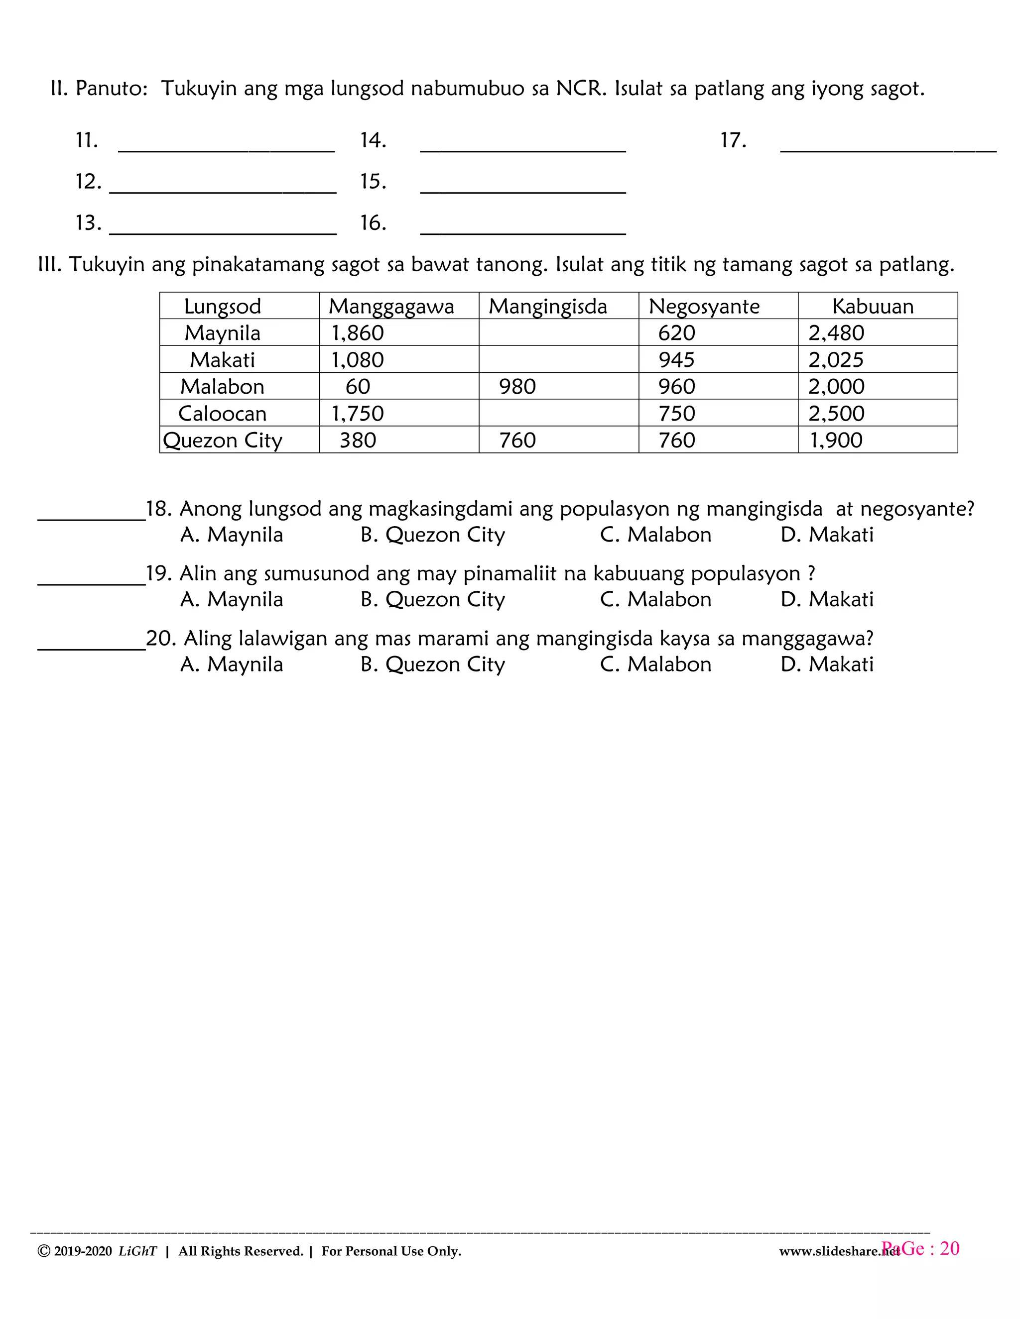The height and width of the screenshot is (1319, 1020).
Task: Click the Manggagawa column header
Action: pos(391,306)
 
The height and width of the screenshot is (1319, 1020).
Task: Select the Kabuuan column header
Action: pos(873,306)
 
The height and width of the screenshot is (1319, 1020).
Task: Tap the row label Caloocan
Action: pos(222,413)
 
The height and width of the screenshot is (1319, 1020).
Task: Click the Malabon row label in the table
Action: pos(222,387)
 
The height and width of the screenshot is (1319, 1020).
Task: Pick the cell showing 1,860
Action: pos(357,333)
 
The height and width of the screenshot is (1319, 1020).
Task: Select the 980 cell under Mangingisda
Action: pos(517,387)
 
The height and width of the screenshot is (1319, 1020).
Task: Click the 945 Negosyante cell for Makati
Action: pos(677,360)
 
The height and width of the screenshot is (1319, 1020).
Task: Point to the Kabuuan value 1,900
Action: pos(836,440)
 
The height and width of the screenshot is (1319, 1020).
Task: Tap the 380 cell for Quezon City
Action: pos(357,440)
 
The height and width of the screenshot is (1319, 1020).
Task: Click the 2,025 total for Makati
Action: pos(836,360)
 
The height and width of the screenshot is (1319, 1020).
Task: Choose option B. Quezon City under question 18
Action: pos(433,535)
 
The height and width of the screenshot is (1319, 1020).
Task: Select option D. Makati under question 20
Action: pos(827,664)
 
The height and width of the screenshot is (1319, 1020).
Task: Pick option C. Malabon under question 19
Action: pos(655,599)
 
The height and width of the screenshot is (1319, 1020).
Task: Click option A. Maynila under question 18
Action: pos(232,535)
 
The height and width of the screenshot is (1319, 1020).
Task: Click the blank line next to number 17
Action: pos(889,145)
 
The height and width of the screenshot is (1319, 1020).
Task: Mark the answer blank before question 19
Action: pos(91,578)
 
